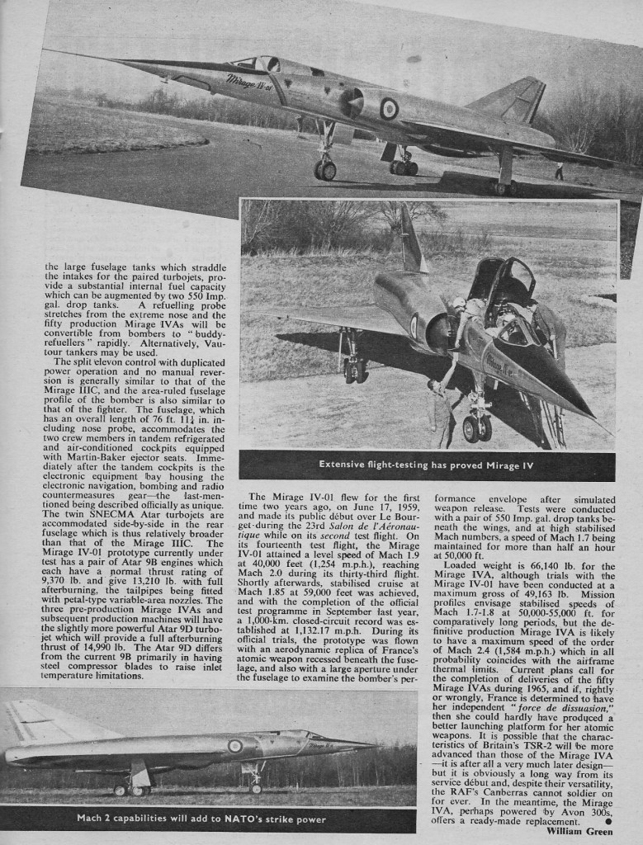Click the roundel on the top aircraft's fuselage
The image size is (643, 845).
click(x=388, y=108)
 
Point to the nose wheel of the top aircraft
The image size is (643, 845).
click(x=324, y=169)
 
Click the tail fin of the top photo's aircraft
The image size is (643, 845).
click(x=517, y=100)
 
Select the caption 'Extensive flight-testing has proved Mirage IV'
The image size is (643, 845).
click(x=427, y=465)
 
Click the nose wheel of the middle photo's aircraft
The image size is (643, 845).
click(x=476, y=428)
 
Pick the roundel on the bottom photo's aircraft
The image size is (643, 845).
click(x=235, y=746)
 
